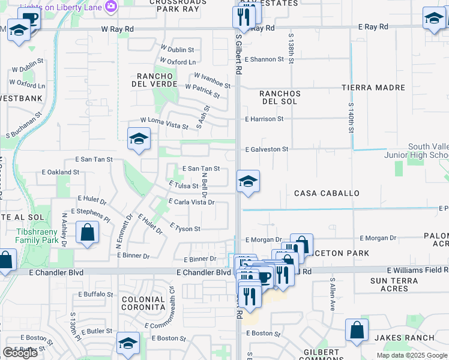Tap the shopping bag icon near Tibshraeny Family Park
point(88,232)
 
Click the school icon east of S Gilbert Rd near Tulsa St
point(247,181)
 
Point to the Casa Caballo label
point(327,193)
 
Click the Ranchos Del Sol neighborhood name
point(280,98)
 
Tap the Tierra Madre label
point(373,88)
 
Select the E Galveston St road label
point(267,149)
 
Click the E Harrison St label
point(264,119)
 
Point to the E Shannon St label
point(264,59)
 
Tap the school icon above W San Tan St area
point(139,139)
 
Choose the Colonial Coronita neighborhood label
point(143,303)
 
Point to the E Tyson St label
point(185,228)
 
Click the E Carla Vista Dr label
point(193,202)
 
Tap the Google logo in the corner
point(20,353)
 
